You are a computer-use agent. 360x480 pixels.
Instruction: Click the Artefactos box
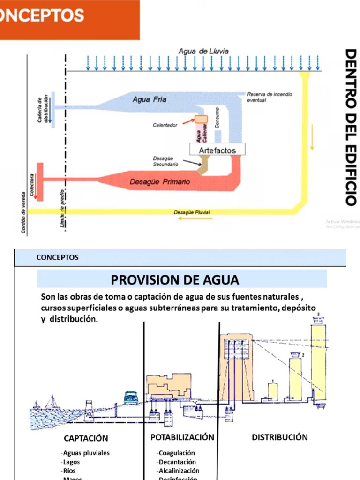pyautogui.click(x=217, y=150)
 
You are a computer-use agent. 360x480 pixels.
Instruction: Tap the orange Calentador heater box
pyautogui.click(x=201, y=120)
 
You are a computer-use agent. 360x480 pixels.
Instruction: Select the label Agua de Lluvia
pyautogui.click(x=203, y=51)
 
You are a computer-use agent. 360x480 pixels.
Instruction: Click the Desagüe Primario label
pyautogui.click(x=160, y=182)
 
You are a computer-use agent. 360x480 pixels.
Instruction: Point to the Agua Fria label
pyautogui.click(x=149, y=99)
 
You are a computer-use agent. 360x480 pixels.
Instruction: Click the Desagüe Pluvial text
pyautogui.click(x=192, y=212)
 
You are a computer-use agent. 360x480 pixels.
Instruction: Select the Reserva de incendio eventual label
pyautogui.click(x=269, y=97)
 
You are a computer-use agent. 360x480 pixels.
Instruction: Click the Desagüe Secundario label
pyautogui.click(x=165, y=161)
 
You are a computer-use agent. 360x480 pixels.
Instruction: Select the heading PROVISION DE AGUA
pyautogui.click(x=175, y=280)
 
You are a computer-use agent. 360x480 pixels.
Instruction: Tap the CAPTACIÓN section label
pyautogui.click(x=86, y=438)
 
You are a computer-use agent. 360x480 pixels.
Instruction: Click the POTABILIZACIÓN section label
pyautogui.click(x=182, y=437)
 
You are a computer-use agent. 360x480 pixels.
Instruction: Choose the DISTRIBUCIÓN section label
pyautogui.click(x=280, y=437)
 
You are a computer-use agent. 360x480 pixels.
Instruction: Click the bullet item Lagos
pyautogui.click(x=71, y=462)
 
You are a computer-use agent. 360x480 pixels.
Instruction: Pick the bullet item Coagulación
pyautogui.click(x=176, y=453)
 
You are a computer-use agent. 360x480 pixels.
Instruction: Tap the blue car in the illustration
pyautogui.click(x=131, y=397)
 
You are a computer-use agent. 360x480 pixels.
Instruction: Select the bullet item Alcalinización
pyautogui.click(x=179, y=470)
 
